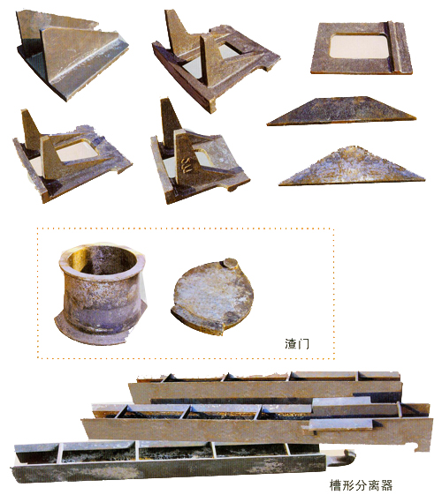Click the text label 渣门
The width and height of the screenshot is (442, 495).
coord(297,343)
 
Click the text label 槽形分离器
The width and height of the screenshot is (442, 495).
coord(361,485)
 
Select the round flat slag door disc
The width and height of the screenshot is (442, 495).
coord(212,296)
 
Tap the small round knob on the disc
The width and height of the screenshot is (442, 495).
coord(230,263)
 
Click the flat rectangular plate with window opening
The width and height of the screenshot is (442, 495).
coord(362,48)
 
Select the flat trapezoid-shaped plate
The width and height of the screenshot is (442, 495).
coord(341,111)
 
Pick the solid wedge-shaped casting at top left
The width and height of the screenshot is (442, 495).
coord(72,53)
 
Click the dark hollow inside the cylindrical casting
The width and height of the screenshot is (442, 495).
coord(103,260)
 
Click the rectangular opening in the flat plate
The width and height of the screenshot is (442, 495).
coord(359,46)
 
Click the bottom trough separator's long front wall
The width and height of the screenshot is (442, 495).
coord(169,471)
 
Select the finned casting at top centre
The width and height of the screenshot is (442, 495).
coord(215,60)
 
